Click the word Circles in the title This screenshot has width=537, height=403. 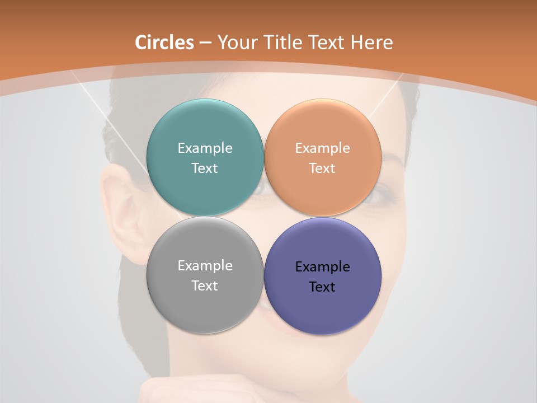click(164, 43)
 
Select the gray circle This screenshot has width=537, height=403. click(205, 305)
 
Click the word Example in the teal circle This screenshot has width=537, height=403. click(205, 148)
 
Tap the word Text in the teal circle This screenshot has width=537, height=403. click(205, 168)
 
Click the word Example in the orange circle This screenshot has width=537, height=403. click(322, 148)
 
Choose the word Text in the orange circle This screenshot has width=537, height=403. click(322, 168)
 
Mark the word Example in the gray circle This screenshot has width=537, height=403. click(205, 266)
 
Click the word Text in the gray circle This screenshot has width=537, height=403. click(205, 286)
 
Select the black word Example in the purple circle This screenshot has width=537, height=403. click(322, 267)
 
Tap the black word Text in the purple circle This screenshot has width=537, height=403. click(322, 287)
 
